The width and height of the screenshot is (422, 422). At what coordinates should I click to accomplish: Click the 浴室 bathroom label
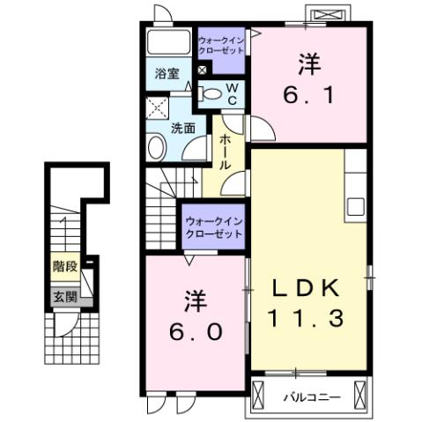(167, 74)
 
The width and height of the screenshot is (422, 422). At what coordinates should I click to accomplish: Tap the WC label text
(232, 93)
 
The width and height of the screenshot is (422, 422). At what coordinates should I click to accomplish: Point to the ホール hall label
(226, 151)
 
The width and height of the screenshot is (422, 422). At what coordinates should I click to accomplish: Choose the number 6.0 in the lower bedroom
(196, 332)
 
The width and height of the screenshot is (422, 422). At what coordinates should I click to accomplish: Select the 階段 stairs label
(63, 265)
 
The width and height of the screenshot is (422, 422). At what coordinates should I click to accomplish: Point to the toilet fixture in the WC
(210, 93)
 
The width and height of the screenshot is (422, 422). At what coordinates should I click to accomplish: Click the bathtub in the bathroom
(167, 43)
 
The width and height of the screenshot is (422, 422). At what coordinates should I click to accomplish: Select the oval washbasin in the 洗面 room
(156, 148)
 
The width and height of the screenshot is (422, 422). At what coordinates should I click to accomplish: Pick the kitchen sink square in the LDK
(356, 206)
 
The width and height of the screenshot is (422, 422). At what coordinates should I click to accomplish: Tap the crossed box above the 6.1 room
(328, 16)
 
